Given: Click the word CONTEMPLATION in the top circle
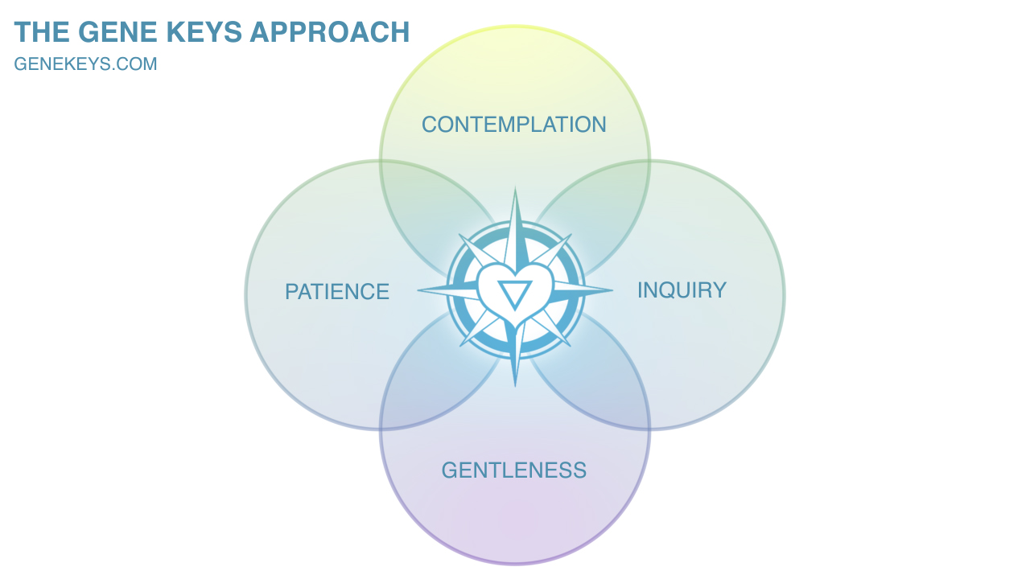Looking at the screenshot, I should [513, 125].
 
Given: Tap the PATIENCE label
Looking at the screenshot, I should [336, 292].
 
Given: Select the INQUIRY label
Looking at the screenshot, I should [682, 290].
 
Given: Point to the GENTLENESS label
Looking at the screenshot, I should [513, 470].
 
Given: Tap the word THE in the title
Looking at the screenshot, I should [43, 32].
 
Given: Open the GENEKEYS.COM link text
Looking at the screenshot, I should [85, 64].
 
